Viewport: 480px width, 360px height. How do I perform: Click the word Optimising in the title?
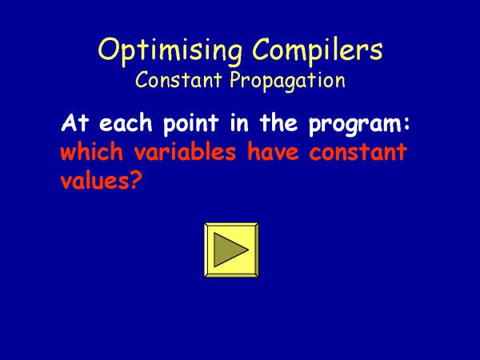pos(170,51)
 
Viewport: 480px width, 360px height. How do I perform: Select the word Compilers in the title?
pos(318,51)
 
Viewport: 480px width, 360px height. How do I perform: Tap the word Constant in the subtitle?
pos(178,79)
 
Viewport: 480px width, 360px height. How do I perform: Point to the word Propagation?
pos(287,81)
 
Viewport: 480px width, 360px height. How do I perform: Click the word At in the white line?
pos(75,123)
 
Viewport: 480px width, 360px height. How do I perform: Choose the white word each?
pos(126,123)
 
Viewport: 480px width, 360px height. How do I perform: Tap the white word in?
pos(239,123)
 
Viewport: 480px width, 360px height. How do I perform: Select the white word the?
pos(278,123)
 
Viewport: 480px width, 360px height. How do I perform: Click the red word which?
pos(91,151)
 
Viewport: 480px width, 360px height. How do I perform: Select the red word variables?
pos(185,151)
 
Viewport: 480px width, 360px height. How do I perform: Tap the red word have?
pos(273,151)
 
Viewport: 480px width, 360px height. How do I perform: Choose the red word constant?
pos(358,152)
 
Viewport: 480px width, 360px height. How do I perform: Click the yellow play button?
pos(231,250)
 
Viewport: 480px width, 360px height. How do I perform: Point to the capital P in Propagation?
pos(236,79)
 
